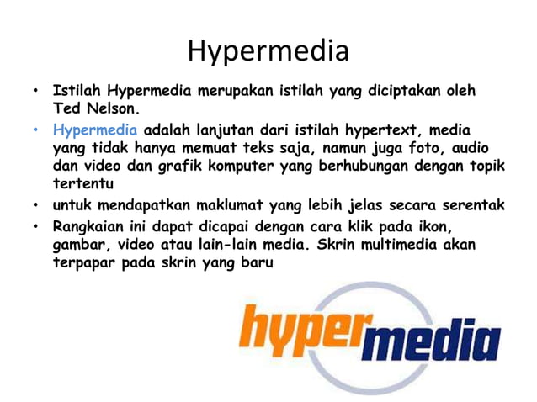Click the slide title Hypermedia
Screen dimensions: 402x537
click(x=268, y=50)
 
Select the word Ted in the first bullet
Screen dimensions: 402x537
click(x=66, y=108)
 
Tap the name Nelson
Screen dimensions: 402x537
click(x=109, y=108)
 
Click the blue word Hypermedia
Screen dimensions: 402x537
click(x=94, y=130)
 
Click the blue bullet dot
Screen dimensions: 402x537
click(x=36, y=130)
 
